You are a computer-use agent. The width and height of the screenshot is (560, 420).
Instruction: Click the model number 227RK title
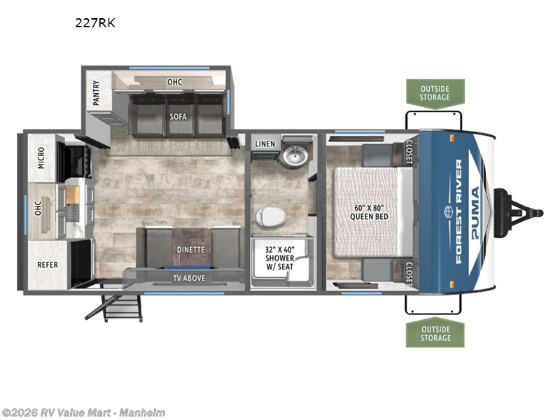pos(95,22)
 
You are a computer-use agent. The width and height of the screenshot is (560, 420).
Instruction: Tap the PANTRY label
pos(96,93)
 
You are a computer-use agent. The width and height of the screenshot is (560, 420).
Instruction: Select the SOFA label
pos(177,116)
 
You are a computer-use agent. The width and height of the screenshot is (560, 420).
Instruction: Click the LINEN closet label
pos(265,143)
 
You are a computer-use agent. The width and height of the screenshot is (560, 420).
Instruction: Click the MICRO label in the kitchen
pos(41,159)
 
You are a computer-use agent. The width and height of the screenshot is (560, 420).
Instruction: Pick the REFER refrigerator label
pos(48,265)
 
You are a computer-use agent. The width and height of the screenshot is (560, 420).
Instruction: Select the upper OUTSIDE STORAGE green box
pos(435,92)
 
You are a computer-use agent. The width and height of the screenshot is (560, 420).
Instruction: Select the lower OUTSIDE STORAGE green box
pos(435,333)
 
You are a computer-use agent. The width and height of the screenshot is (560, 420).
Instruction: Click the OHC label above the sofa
pos(174,82)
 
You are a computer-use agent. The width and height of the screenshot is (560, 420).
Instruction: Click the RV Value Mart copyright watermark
pos(83,412)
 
